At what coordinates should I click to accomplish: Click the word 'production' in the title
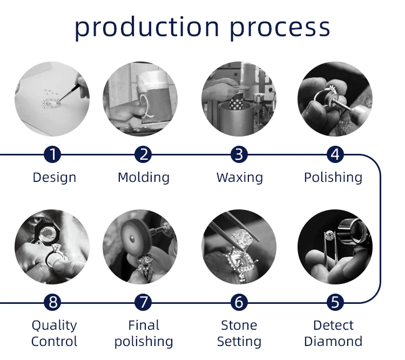[x=146, y=26]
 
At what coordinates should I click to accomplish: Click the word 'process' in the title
[x=280, y=26]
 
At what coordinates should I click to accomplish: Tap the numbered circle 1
[x=52, y=155]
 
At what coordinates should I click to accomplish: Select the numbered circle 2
[x=143, y=155]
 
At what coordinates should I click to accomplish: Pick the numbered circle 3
[x=239, y=155]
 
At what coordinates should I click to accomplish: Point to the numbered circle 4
[x=335, y=155]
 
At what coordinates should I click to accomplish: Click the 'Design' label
[x=54, y=178]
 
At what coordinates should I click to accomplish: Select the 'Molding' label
[x=144, y=178]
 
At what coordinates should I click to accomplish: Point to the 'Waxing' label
[x=240, y=178]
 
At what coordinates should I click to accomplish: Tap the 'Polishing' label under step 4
[x=333, y=178]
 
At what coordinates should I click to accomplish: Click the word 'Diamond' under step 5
[x=333, y=342]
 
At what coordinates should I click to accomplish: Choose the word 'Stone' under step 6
[x=239, y=325]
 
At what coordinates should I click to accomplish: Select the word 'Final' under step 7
[x=144, y=325]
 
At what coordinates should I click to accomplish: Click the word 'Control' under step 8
[x=54, y=342]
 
